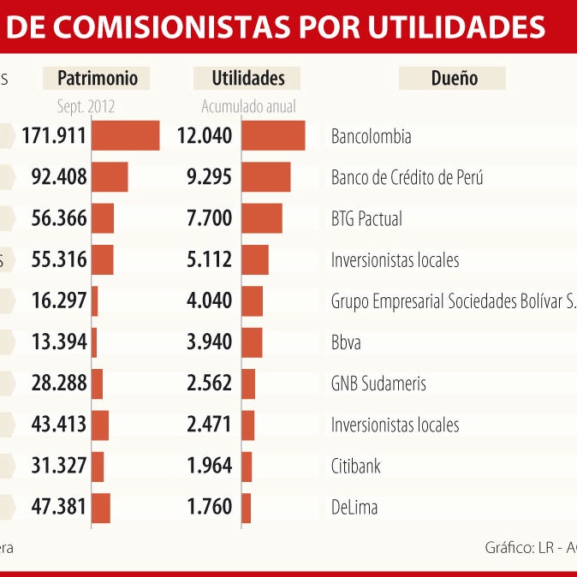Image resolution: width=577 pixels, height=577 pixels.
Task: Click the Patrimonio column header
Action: pyautogui.click(x=97, y=78)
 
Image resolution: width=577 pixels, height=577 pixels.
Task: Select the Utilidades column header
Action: pyautogui.click(x=248, y=78)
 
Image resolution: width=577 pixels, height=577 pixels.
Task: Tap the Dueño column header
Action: pyautogui.click(x=453, y=78)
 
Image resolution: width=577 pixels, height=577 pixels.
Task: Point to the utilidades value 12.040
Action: pyautogui.click(x=204, y=136)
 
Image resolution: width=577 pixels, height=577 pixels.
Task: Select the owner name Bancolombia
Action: pyautogui.click(x=371, y=136)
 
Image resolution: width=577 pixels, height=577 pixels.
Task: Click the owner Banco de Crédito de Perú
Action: pyautogui.click(x=407, y=178)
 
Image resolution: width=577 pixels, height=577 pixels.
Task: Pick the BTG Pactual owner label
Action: pyautogui.click(x=366, y=219)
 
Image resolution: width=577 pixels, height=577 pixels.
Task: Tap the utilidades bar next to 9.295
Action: pyautogui.click(x=266, y=177)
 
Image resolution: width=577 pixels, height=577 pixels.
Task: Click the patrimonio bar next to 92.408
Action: pyautogui.click(x=110, y=177)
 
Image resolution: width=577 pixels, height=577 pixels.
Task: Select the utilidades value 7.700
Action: pyautogui.click(x=209, y=219)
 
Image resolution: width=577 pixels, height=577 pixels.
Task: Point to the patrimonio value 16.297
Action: pyautogui.click(x=59, y=301)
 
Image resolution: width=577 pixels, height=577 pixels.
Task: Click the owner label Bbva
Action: pyautogui.click(x=346, y=342)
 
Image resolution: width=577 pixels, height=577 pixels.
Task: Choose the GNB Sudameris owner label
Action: pyautogui.click(x=378, y=384)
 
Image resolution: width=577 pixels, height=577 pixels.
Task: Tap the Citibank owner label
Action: pyautogui.click(x=355, y=467)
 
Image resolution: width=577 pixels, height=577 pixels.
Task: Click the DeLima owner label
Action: pyautogui.click(x=354, y=508)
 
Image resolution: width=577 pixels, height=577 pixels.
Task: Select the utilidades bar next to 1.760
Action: pyautogui.click(x=247, y=508)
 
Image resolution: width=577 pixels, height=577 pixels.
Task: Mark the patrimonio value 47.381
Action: pyautogui.click(x=59, y=508)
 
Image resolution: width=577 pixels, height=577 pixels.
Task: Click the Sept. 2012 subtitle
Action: pyautogui.click(x=86, y=107)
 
